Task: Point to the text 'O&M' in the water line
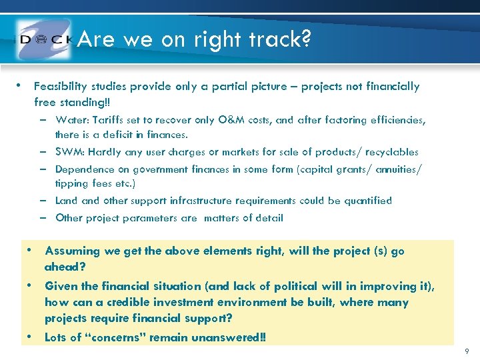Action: click(x=231, y=121)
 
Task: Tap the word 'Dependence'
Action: click(x=83, y=169)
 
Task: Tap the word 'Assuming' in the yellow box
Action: click(x=70, y=251)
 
